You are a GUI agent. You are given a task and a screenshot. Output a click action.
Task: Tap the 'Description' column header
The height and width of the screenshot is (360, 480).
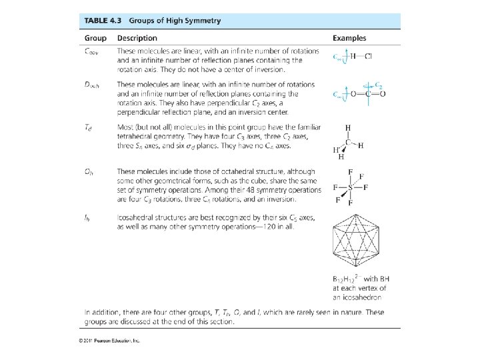[137, 38]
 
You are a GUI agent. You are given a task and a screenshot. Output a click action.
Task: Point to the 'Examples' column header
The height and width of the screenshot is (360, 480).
[349, 38]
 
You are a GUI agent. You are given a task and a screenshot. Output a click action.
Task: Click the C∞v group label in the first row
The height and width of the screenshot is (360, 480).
[93, 51]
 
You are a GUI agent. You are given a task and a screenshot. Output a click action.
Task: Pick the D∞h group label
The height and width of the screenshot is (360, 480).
[93, 85]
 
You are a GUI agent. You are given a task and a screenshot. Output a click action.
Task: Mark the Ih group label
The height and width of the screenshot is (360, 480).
[88, 217]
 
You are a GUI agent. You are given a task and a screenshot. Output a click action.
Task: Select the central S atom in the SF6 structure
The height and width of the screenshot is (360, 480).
[349, 187]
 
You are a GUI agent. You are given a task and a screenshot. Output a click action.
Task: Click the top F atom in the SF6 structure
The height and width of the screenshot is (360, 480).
[349, 171]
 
